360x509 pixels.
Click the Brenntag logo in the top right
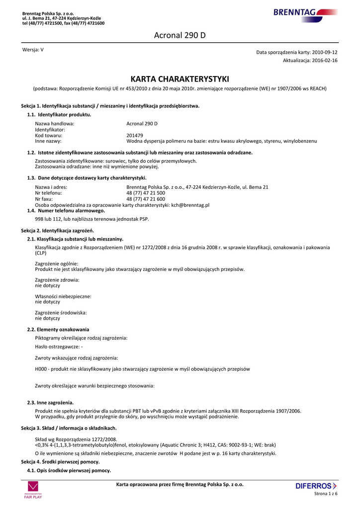point(304,13)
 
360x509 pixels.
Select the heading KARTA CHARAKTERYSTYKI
point(180,79)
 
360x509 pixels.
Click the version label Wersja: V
point(33,50)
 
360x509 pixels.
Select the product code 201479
point(135,135)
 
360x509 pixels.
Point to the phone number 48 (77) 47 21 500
point(146,193)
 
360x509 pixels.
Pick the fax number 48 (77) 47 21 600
point(146,199)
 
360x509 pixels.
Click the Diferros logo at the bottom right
point(316,486)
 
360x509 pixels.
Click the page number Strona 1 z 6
point(326,494)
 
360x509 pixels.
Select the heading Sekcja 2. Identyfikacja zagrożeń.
point(57,231)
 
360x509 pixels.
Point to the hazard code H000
point(41,369)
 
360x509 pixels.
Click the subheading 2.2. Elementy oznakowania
point(58,329)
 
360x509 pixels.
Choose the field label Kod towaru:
point(49,135)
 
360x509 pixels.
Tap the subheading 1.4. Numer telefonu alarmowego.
point(66,211)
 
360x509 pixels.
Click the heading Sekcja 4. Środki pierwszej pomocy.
point(60,462)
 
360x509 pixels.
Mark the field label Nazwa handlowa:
point(55,123)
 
